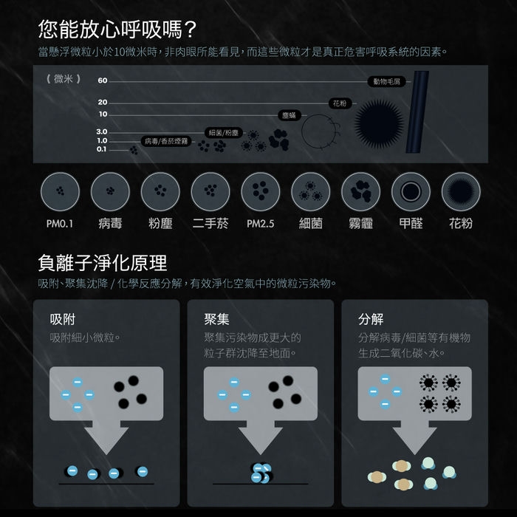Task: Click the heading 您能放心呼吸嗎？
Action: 117,30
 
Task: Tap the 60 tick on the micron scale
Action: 103,81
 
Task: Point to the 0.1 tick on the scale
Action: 102,149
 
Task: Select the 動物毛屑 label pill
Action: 386,81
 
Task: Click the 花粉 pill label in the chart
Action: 340,103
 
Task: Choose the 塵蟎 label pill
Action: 290,115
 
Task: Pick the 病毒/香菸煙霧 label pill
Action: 166,141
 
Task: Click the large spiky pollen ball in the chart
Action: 379,123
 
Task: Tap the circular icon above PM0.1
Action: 60,191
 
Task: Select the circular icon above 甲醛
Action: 411,191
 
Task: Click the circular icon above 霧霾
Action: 360,191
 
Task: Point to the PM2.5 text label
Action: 261,224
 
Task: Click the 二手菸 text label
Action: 210,224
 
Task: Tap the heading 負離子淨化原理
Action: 103,263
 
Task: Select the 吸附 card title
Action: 63,319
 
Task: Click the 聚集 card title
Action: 216,319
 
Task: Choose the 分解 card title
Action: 371,319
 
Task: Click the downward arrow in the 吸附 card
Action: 106,437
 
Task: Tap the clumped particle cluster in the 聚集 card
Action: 261,473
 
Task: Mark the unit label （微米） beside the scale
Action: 63,79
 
